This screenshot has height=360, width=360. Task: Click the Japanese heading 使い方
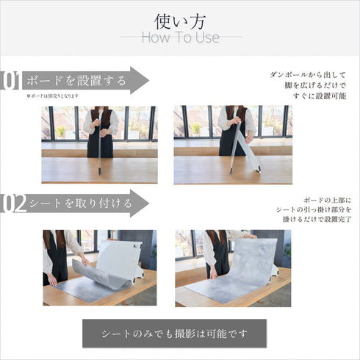coord(179,19)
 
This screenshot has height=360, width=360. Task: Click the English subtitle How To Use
coord(179,37)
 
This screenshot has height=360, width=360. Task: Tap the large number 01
coord(10,81)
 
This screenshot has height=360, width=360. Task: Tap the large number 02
coord(12,204)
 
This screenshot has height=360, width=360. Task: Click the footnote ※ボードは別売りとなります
coord(52,96)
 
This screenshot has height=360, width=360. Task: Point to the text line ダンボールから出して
coord(312,75)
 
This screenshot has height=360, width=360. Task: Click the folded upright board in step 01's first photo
coord(99,147)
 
